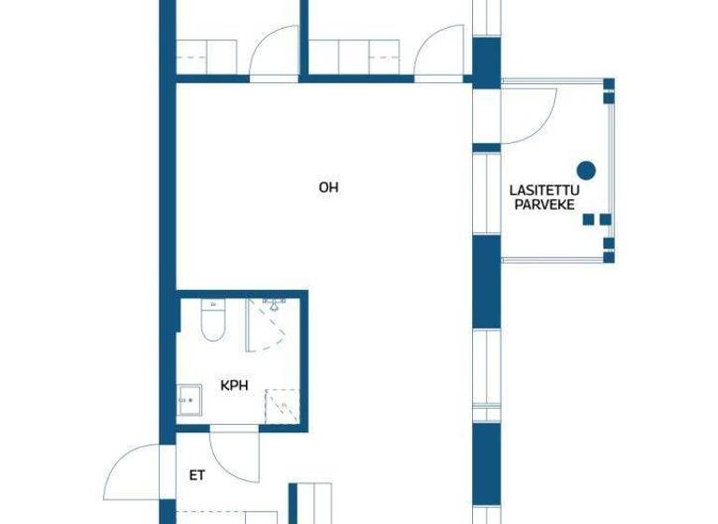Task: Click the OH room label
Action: click(x=328, y=188)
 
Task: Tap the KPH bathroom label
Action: click(x=234, y=385)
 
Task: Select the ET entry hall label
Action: click(x=196, y=475)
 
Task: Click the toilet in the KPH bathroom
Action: click(x=213, y=324)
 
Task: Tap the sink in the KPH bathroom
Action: click(x=189, y=400)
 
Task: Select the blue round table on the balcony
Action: click(x=586, y=169)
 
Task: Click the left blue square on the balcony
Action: click(x=589, y=220)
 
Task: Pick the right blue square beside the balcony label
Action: click(x=605, y=220)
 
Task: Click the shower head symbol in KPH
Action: click(x=274, y=304)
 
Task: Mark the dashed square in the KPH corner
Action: click(x=282, y=405)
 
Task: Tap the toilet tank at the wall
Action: click(x=213, y=303)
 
